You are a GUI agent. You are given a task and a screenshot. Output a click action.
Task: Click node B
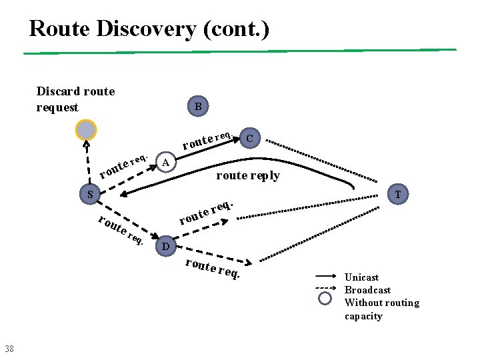(x=198, y=106)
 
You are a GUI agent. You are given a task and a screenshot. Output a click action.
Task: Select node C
(x=249, y=138)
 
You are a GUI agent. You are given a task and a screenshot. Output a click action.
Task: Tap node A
(x=167, y=162)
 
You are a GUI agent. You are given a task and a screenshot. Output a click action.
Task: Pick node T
(x=397, y=195)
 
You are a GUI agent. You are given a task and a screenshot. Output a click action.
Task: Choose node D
(x=166, y=247)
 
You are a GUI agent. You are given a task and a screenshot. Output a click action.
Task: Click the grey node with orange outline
(x=86, y=130)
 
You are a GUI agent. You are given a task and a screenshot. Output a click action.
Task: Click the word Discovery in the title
(x=151, y=29)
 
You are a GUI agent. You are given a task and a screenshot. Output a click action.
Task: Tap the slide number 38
(x=9, y=348)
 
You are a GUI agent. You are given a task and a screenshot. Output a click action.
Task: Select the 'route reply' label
(x=248, y=176)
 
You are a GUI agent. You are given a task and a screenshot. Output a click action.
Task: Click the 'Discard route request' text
(x=75, y=99)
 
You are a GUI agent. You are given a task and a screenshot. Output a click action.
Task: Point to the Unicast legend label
(x=361, y=277)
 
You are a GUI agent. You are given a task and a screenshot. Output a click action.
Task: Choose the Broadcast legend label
(x=367, y=290)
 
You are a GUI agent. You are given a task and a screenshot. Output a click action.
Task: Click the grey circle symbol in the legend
(x=325, y=298)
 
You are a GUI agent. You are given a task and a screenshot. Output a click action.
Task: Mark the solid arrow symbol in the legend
(x=325, y=275)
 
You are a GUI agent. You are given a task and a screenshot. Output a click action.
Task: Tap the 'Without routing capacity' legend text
(x=381, y=309)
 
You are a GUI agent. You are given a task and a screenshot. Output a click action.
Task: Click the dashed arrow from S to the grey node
(x=87, y=163)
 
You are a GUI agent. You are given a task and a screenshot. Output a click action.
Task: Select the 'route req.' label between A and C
(x=207, y=140)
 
